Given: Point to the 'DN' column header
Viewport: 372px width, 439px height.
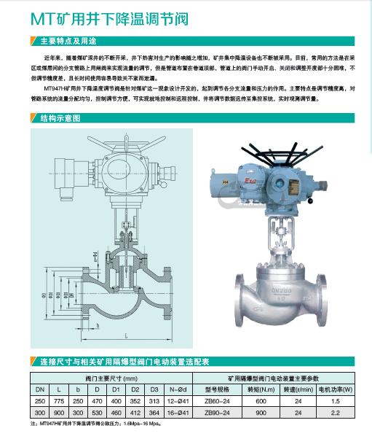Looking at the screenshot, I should (40, 390).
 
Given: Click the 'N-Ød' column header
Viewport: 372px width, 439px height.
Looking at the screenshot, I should (178, 390).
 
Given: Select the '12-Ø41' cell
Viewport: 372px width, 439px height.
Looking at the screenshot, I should (178, 401).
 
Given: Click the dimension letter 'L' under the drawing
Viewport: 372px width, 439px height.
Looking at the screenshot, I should (127, 335).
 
